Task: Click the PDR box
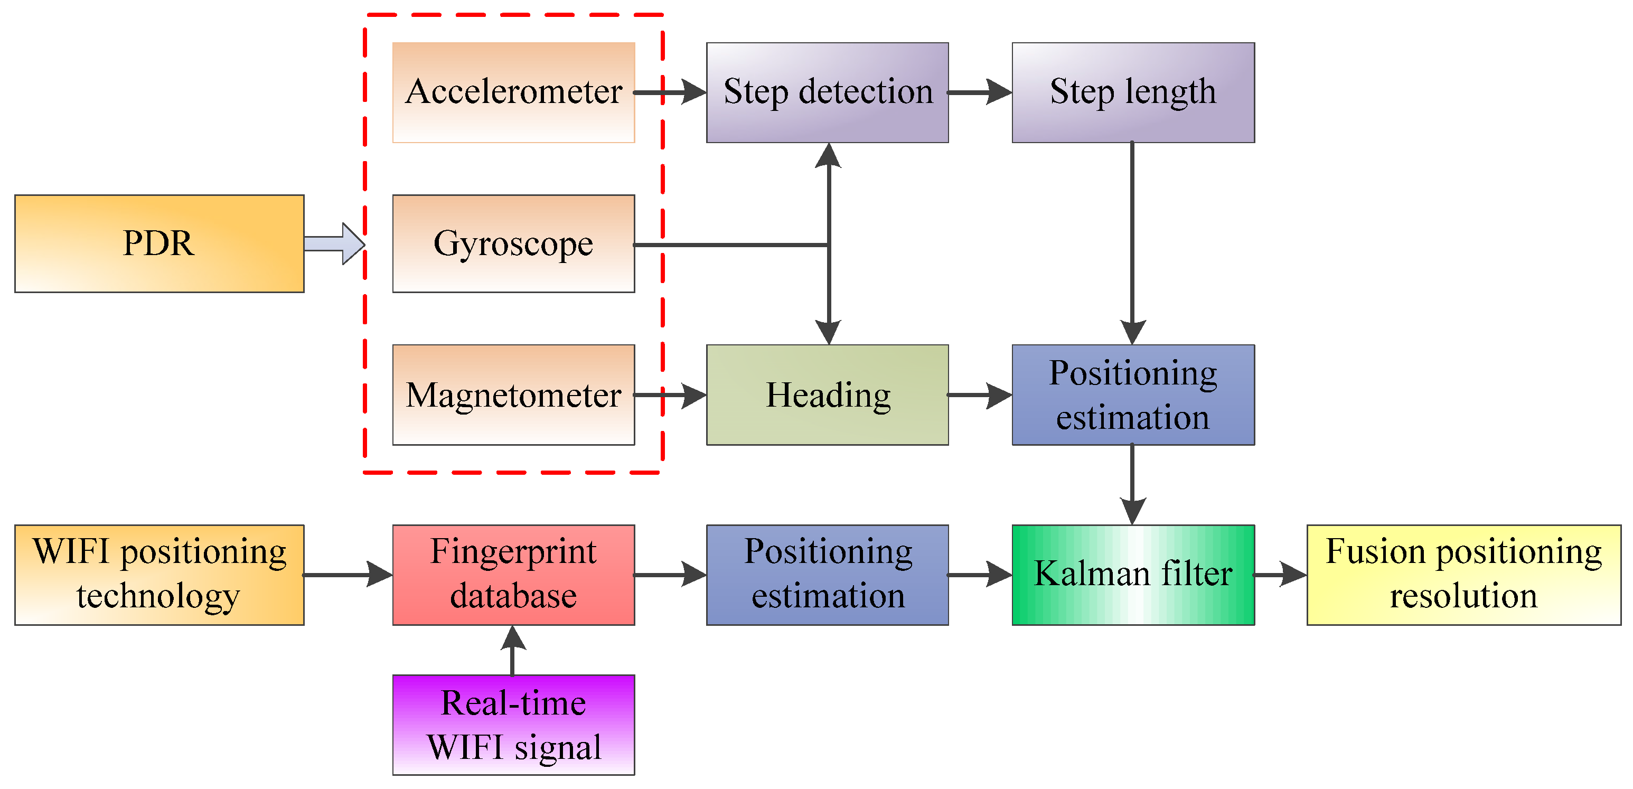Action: pos(159,243)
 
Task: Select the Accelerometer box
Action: pos(513,92)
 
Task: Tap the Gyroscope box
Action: pos(513,243)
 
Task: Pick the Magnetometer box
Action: pos(513,395)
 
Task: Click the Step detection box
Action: pos(827,92)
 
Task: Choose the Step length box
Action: pos(1133,92)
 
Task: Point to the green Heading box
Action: pos(827,395)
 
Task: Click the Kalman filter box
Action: pos(1133,575)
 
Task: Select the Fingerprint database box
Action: pos(513,575)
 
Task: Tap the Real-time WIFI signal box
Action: pos(513,725)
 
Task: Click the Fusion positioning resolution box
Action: pos(1463,575)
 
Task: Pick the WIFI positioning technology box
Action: pos(159,575)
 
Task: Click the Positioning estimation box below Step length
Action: pos(1133,395)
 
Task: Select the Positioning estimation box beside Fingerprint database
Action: pos(827,575)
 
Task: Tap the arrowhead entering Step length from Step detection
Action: pos(998,92)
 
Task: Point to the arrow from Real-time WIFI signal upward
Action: pos(513,650)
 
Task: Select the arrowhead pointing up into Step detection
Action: pos(829,156)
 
